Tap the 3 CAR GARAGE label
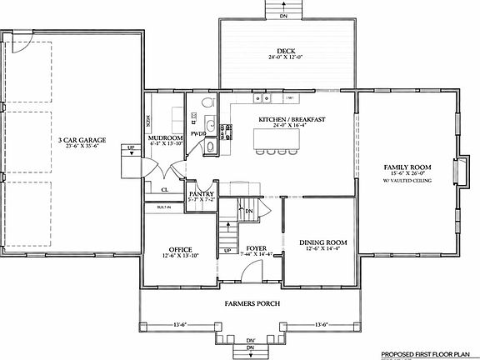79,139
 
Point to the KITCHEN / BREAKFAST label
291,120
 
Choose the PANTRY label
202,193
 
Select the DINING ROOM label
323,242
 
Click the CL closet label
165,189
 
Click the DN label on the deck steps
284,14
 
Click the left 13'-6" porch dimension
179,324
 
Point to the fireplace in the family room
457,169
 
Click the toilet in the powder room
210,146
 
